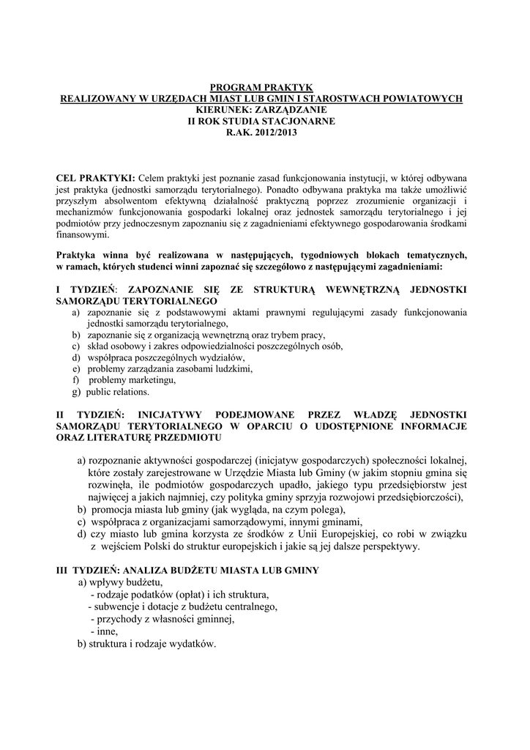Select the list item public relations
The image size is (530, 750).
tap(118, 392)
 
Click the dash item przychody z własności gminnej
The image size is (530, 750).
tap(162, 619)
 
